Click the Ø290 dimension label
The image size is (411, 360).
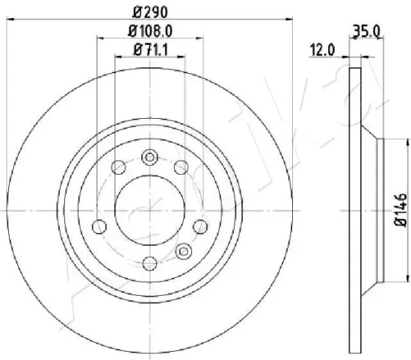[x=149, y=12]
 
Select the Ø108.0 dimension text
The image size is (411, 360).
[x=150, y=31]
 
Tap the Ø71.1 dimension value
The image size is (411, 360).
[x=150, y=50]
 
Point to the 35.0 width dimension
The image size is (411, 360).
[x=366, y=31]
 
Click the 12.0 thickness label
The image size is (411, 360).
[x=322, y=50]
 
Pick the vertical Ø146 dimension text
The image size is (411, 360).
[x=401, y=210]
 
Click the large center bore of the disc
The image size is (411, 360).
[x=150, y=211]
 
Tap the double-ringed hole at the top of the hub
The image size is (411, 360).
[x=149, y=158]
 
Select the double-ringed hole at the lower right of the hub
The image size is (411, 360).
[x=184, y=252]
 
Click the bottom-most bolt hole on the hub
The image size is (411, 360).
[x=150, y=264]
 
